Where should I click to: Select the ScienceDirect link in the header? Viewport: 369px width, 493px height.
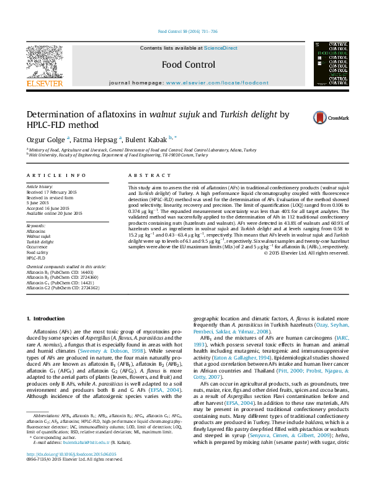(221, 48)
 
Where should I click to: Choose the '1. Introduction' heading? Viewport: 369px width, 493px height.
(47, 319)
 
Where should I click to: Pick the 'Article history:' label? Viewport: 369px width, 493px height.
(40, 186)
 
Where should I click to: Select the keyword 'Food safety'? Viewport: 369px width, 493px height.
(37, 253)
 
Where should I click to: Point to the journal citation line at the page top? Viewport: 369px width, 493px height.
(188, 31)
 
